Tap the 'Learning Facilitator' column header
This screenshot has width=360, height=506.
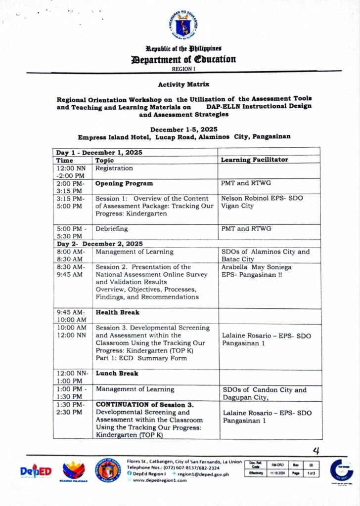click(x=254, y=160)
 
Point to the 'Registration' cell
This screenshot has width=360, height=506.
click(x=114, y=169)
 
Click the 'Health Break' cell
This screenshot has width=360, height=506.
click(x=117, y=312)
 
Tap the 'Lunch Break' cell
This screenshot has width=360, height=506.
click(x=116, y=374)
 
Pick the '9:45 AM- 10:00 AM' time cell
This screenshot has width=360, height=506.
click(x=72, y=316)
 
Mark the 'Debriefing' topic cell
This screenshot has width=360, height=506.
click(x=112, y=229)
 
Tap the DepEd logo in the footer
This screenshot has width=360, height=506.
click(x=36, y=471)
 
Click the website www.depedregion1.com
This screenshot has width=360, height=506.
click(x=160, y=480)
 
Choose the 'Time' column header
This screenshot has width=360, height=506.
click(x=64, y=160)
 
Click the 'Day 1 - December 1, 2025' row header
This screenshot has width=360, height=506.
click(x=99, y=153)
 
